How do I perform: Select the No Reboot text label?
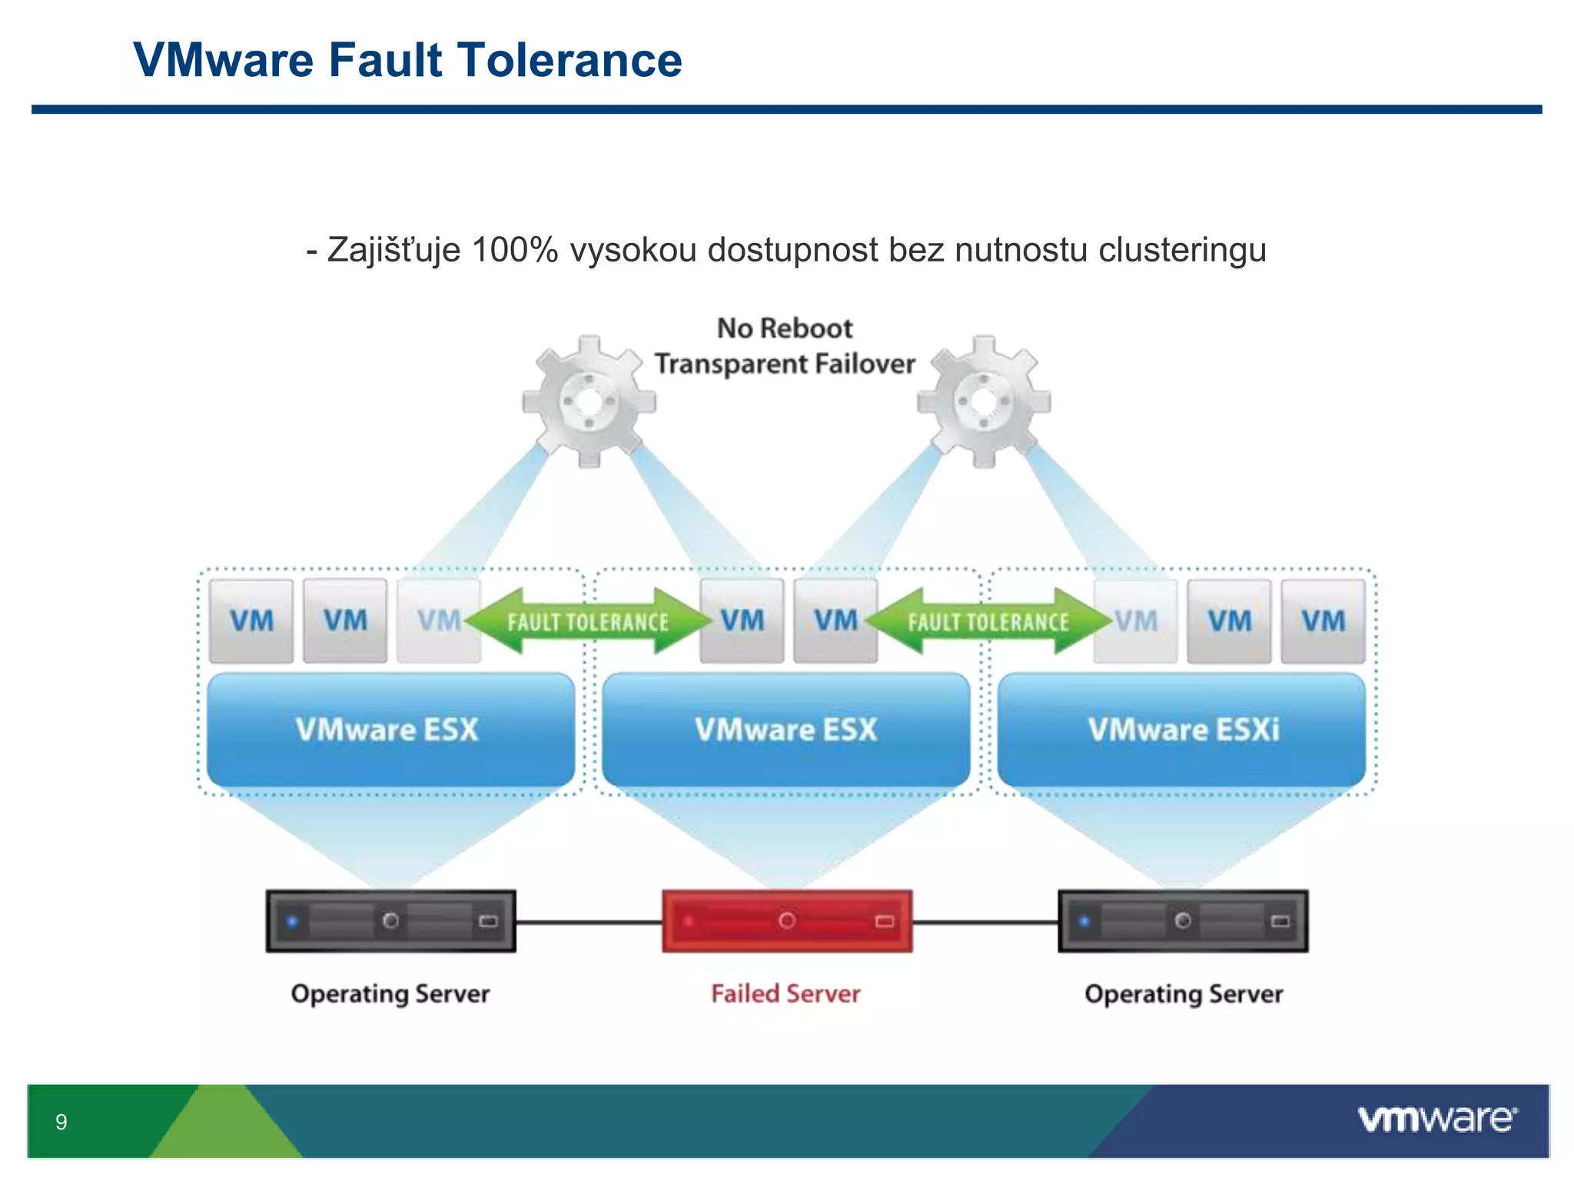pyautogui.click(x=785, y=328)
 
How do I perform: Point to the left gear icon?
pyautogui.click(x=589, y=401)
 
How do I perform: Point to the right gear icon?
pyautogui.click(x=984, y=401)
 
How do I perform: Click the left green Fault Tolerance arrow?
pyautogui.click(x=588, y=621)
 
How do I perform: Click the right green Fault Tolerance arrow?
pyautogui.click(x=988, y=621)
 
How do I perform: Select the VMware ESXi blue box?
pyautogui.click(x=1182, y=729)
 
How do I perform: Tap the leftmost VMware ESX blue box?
pyautogui.click(x=390, y=729)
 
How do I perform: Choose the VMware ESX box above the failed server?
pyautogui.click(x=785, y=729)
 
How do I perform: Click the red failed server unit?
pyautogui.click(x=787, y=921)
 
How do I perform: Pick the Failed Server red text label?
pyautogui.click(x=785, y=993)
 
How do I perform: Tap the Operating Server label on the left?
pyautogui.click(x=390, y=993)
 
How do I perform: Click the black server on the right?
pyautogui.click(x=1183, y=921)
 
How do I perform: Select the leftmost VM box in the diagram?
pyautogui.click(x=251, y=621)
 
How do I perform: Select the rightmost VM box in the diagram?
pyautogui.click(x=1323, y=621)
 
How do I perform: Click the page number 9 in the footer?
pyautogui.click(x=61, y=1122)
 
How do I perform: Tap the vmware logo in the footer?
pyautogui.click(x=1437, y=1119)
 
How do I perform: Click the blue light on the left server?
pyautogui.click(x=292, y=920)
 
